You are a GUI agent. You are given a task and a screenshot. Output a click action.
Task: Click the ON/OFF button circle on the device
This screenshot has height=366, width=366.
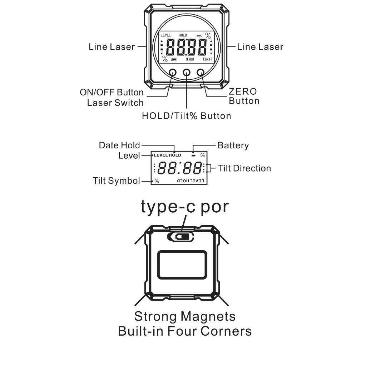173,72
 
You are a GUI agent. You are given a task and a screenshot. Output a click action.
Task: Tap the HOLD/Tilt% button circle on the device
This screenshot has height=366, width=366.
187,72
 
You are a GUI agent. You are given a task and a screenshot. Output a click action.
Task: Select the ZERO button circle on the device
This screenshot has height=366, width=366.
200,72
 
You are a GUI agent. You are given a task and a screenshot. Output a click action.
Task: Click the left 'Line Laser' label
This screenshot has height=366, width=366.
112,47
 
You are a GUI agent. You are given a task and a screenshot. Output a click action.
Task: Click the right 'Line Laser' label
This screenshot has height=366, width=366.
260,47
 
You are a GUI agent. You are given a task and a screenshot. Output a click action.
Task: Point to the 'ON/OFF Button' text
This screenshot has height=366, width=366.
112,93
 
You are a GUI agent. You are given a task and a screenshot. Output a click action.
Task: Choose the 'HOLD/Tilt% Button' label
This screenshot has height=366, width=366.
187,116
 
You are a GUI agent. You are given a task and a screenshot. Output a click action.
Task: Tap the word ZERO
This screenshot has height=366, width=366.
243,91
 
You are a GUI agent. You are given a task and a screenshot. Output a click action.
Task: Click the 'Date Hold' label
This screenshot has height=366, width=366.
119,145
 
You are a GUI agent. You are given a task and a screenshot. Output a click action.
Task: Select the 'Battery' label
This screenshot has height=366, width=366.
233,145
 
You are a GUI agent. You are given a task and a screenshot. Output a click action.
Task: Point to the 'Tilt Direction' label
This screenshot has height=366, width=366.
244,168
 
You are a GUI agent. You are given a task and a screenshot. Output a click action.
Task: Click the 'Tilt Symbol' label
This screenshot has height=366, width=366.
116,180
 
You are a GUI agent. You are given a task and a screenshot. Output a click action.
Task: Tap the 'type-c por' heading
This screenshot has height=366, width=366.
185,207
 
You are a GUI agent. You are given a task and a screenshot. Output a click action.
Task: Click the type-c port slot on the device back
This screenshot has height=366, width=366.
180,237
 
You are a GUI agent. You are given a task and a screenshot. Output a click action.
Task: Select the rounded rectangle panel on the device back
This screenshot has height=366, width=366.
182,265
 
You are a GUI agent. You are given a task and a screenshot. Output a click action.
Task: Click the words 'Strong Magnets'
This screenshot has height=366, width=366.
185,317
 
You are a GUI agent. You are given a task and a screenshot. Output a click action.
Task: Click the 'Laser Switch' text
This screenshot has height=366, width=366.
115,103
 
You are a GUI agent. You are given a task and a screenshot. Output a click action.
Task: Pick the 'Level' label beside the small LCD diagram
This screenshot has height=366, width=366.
129,156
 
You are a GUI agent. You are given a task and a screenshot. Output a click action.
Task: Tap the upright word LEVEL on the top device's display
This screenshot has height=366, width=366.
166,35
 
